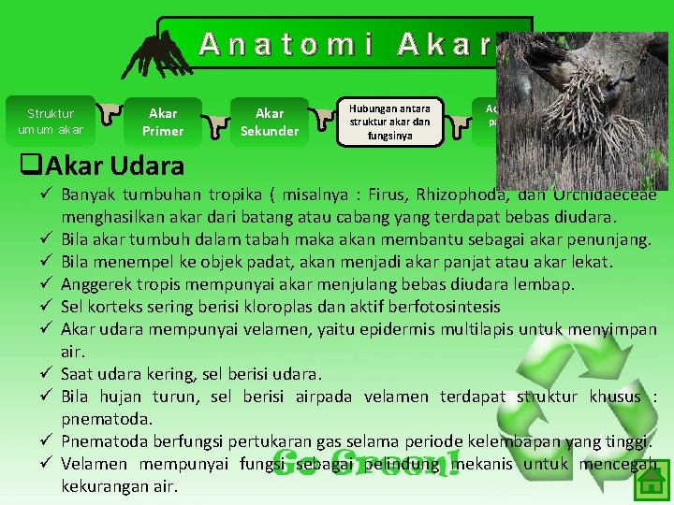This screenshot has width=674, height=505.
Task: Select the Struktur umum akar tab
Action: click(51, 122)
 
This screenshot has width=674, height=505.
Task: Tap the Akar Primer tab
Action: click(163, 122)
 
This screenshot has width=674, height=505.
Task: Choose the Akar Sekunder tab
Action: click(269, 122)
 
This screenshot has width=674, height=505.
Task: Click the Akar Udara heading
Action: click(102, 167)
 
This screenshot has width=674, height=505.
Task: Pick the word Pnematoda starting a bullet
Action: click(101, 441)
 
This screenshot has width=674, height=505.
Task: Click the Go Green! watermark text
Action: click(367, 463)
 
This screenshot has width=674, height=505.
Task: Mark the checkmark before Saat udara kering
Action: click(44, 374)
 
